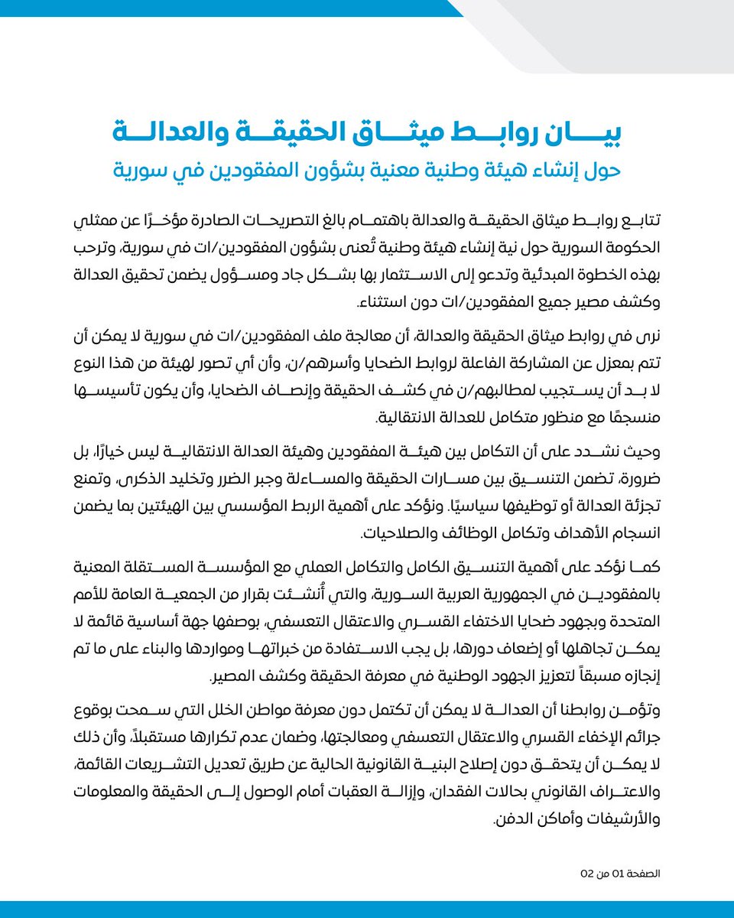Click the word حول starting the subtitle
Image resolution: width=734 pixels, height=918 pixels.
tap(603, 168)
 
